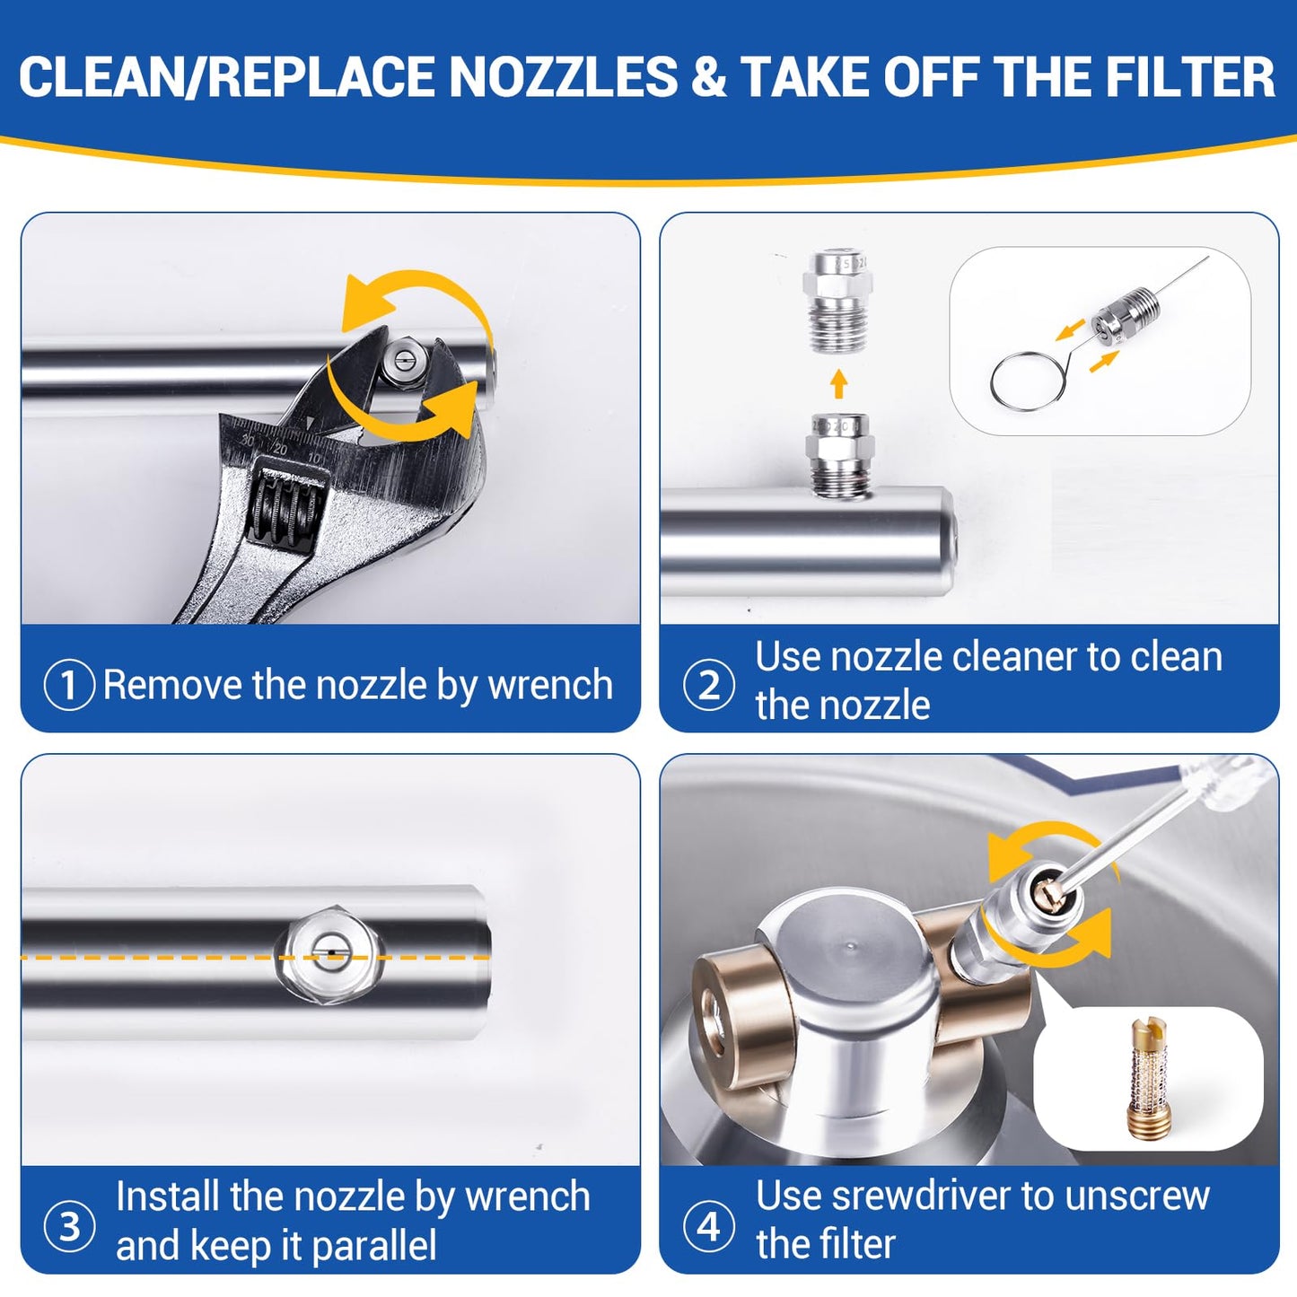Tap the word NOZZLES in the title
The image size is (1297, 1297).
(564, 76)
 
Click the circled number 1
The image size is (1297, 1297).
(68, 685)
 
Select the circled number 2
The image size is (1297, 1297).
(708, 685)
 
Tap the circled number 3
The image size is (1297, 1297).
(68, 1227)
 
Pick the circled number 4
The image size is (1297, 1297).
(708, 1227)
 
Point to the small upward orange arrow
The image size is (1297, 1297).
(838, 383)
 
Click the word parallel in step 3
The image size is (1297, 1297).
(374, 1245)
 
